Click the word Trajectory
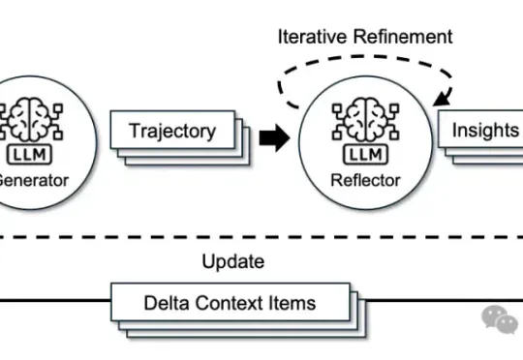point(172,131)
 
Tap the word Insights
point(485,130)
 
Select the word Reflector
point(365,180)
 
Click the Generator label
point(33,180)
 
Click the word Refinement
point(403,37)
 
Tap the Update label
point(233,261)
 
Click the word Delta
point(167,303)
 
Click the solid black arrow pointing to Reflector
point(274,137)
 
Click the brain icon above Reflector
point(365,119)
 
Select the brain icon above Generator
point(31,119)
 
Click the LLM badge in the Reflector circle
point(365,155)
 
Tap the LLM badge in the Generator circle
point(29,155)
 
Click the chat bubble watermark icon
point(500,319)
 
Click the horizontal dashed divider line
point(261,237)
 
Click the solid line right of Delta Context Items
point(445,300)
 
